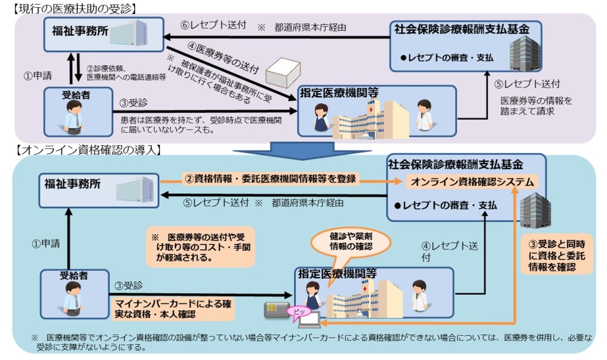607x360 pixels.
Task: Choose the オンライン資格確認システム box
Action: click(471, 182)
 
